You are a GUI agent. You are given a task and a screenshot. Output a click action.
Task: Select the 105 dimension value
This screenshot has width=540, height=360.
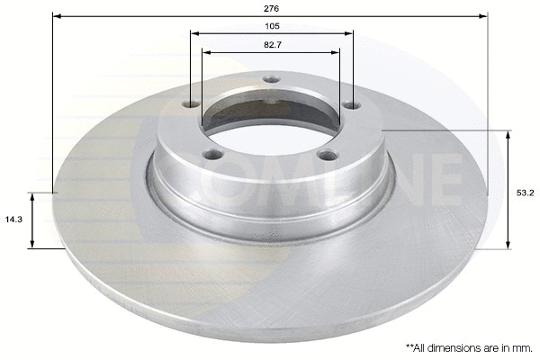point(271,25)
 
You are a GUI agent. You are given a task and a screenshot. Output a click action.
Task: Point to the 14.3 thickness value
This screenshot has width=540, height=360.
point(13,219)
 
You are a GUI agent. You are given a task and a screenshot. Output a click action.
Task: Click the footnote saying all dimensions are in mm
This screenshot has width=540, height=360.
point(466,346)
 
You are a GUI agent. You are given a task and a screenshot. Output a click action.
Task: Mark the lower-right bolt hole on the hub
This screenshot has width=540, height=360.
point(328,155)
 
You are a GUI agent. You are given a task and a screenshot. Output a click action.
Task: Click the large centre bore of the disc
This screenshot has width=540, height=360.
point(270,126)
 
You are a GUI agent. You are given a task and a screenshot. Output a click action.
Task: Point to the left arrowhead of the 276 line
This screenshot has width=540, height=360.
point(57,15)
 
